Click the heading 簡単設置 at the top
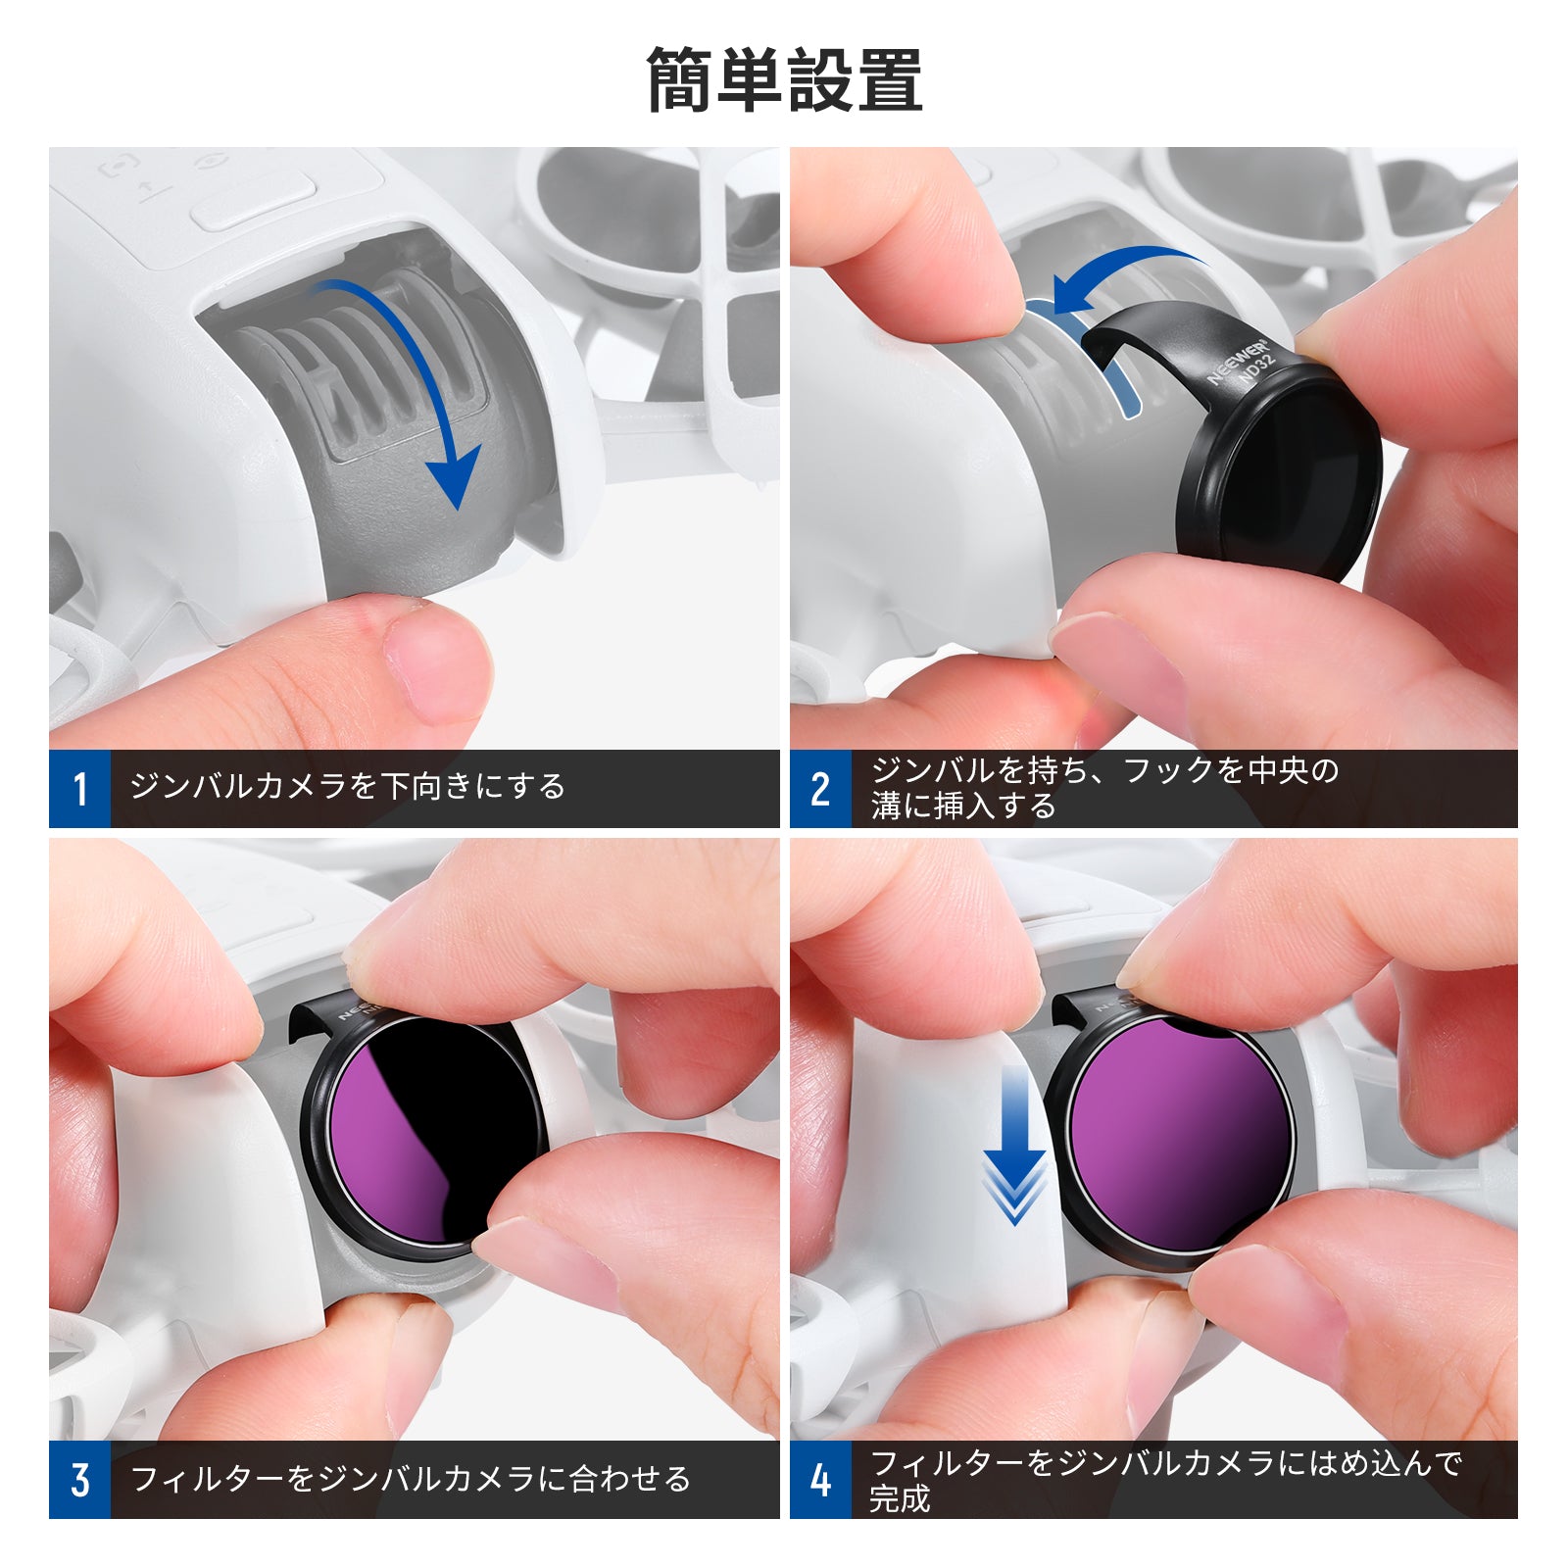784,80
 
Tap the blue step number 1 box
79,789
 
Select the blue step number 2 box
821,789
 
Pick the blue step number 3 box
79,1480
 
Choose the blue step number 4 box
821,1480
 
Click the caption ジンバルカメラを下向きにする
348,787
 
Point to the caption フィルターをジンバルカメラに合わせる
411,1479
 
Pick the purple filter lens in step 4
1181,1137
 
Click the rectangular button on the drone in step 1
253,201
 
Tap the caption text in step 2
1104,788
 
